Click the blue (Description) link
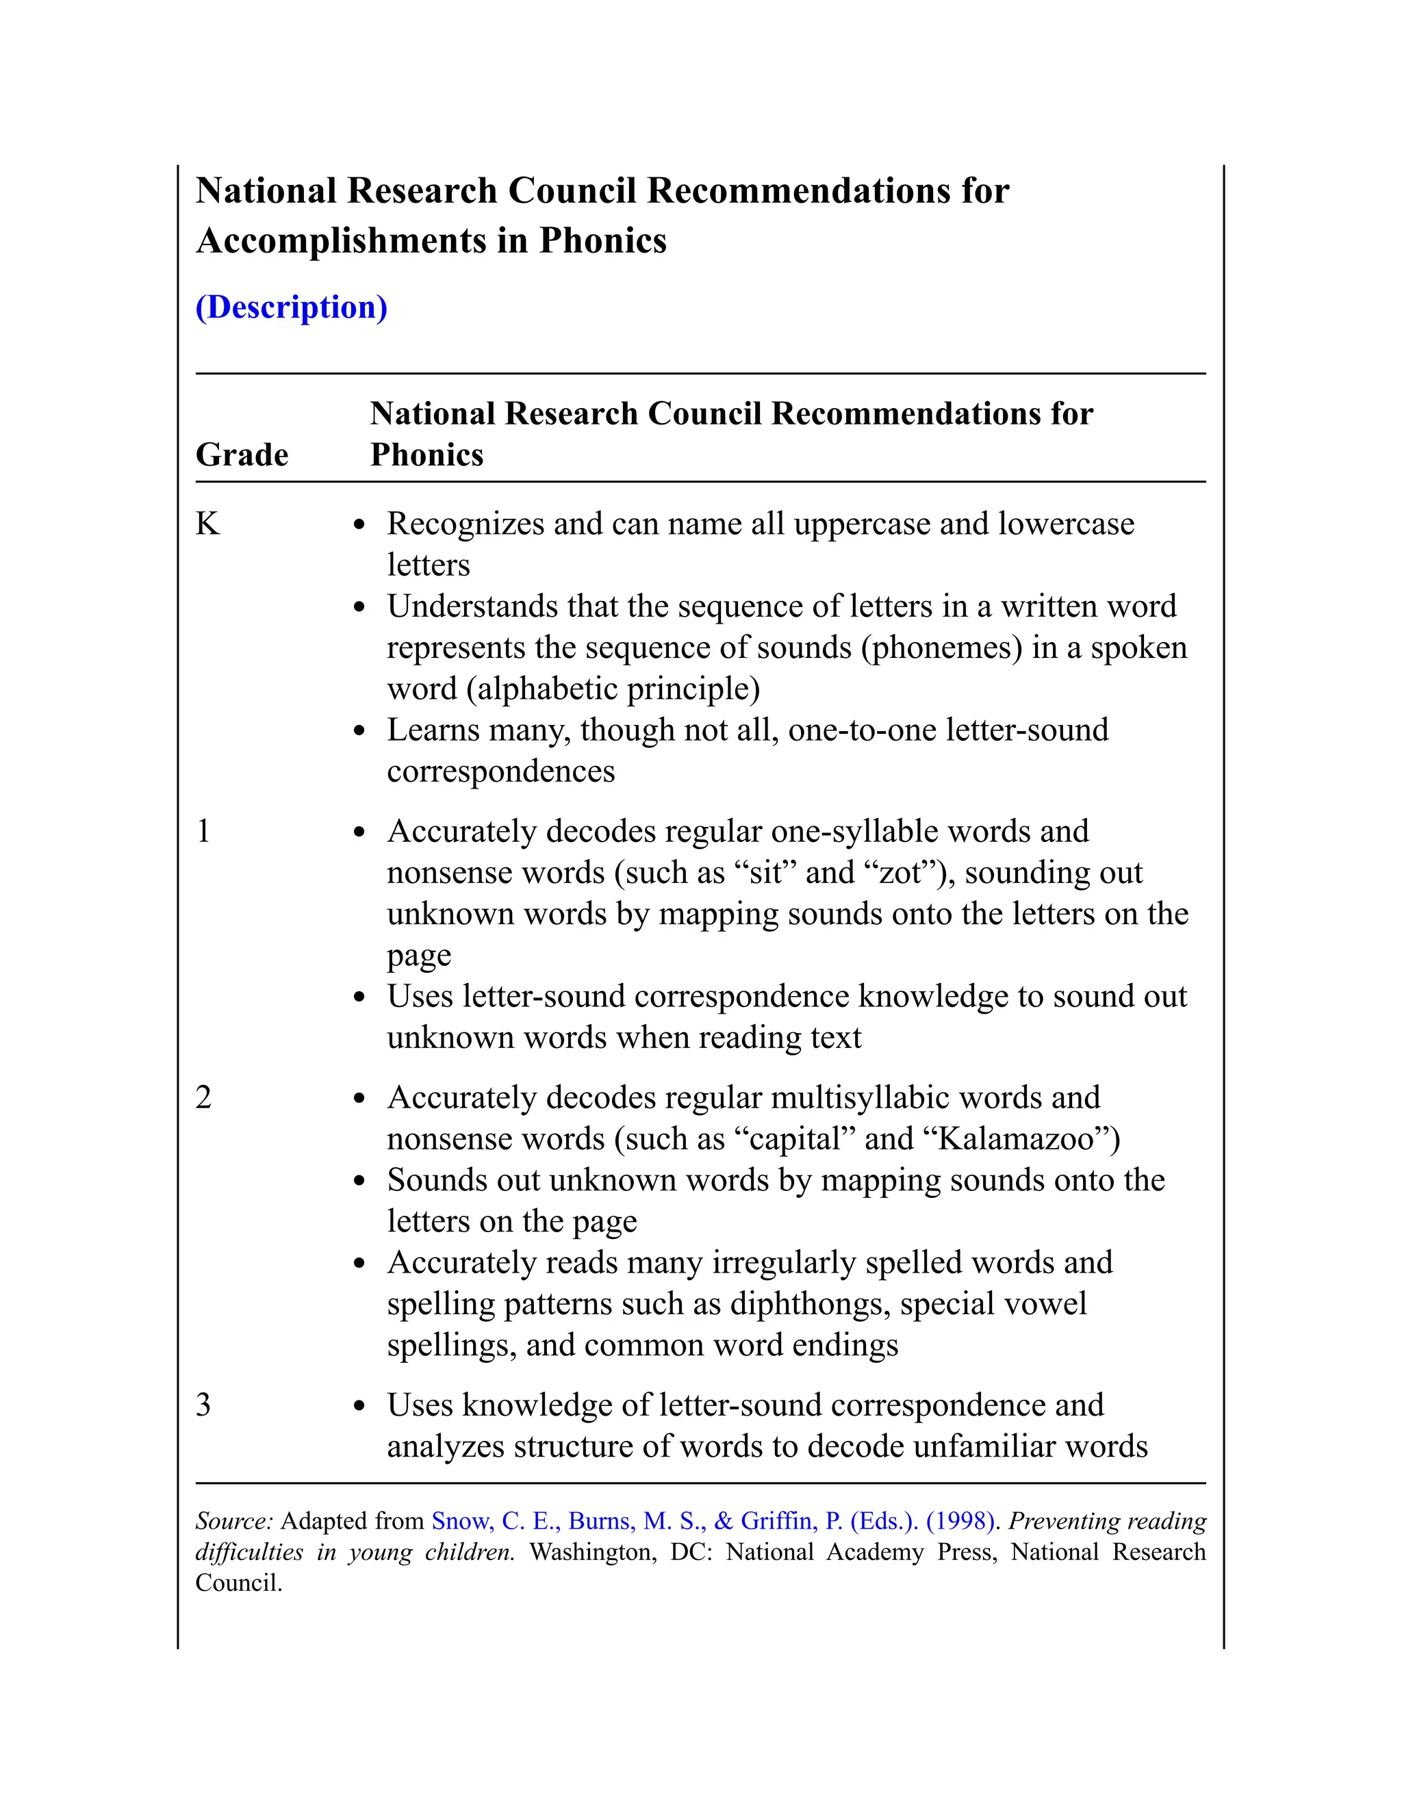click(x=291, y=307)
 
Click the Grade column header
click(x=242, y=455)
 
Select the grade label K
click(x=207, y=524)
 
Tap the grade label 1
click(x=203, y=832)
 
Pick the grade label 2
click(x=203, y=1098)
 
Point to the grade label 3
click(x=203, y=1405)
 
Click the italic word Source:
click(x=234, y=1521)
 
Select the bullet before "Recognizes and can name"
click(x=359, y=526)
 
